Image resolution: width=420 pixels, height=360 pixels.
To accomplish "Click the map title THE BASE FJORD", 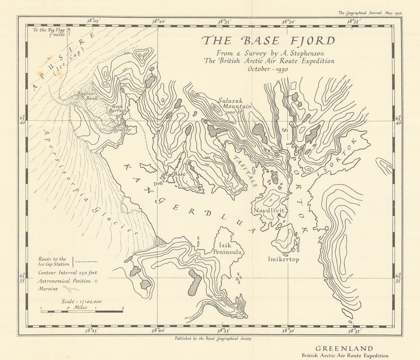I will click(268, 40).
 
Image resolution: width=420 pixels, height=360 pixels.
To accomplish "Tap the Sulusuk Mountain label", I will click(234, 103).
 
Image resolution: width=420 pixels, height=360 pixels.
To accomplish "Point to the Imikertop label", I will click(283, 260).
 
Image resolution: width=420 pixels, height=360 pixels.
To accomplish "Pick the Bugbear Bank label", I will click(86, 95).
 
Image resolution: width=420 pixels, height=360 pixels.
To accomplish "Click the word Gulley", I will click(123, 129).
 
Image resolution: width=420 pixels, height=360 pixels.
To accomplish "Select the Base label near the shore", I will click(179, 174).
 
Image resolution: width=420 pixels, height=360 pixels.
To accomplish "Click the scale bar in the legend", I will click(82, 312).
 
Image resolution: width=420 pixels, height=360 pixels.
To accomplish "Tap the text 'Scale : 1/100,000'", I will click(82, 301).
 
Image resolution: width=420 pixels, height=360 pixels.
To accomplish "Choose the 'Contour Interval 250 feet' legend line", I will click(68, 273).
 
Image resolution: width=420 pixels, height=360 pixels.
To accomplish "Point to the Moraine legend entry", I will click(48, 289).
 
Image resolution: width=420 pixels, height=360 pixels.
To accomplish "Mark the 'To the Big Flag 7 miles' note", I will click(48, 32).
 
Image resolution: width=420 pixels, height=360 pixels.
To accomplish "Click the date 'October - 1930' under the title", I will click(268, 69).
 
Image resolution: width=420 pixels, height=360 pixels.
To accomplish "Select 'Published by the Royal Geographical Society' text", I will click(213, 338).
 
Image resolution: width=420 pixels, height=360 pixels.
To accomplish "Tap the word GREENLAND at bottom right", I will click(344, 349).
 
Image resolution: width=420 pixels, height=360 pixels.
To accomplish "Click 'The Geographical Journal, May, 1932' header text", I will click(370, 13).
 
